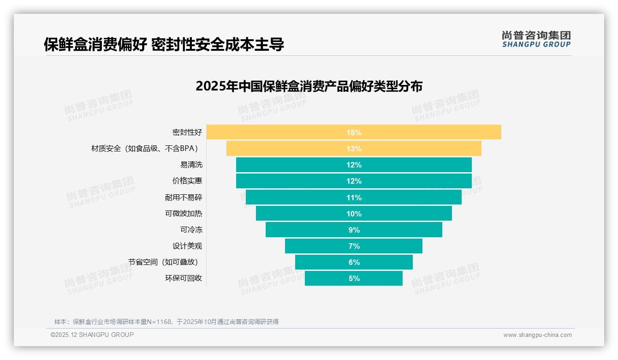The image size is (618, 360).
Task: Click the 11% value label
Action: tap(354, 198)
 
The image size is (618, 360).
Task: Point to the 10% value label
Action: tap(354, 214)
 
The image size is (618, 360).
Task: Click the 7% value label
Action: tap(354, 246)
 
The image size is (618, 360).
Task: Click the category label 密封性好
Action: tap(187, 132)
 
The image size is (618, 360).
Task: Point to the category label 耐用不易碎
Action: tap(184, 198)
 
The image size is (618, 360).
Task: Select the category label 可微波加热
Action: tap(184, 214)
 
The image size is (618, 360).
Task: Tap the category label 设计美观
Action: tap(187, 246)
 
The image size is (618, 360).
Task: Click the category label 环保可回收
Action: tap(184, 278)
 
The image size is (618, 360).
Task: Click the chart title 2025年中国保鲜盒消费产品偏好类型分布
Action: tap(309, 86)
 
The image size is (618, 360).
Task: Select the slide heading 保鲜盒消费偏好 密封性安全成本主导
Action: tap(164, 44)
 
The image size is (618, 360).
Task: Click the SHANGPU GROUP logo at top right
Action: tap(536, 39)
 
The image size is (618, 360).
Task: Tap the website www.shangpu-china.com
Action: tap(537, 335)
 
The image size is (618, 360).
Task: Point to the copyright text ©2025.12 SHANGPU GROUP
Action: tap(92, 335)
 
